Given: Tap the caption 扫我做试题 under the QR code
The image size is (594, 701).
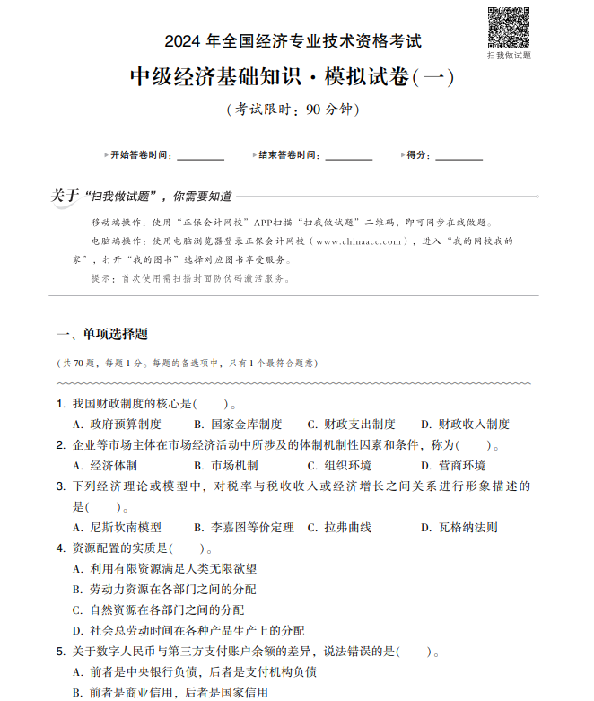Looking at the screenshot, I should pyautogui.click(x=509, y=56).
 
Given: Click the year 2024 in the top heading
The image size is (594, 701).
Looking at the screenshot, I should pyautogui.click(x=184, y=41).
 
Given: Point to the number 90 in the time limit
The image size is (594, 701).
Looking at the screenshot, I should pyautogui.click(x=313, y=110).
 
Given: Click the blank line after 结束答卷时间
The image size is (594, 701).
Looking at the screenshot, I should pyautogui.click(x=349, y=156).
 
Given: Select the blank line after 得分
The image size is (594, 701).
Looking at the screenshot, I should pyautogui.click(x=459, y=156).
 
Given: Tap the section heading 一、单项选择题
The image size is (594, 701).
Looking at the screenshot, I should pyautogui.click(x=101, y=335).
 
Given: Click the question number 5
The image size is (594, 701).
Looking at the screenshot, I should pyautogui.click(x=60, y=652).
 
